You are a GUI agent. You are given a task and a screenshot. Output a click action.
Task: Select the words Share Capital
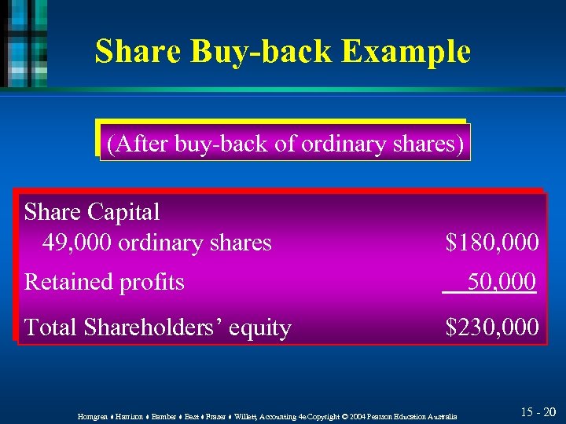point(92,211)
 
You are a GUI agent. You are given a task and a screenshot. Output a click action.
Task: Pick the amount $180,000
point(492,243)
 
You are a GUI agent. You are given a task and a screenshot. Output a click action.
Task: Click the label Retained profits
point(105,281)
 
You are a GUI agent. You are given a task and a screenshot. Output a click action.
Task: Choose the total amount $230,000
point(492,327)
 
